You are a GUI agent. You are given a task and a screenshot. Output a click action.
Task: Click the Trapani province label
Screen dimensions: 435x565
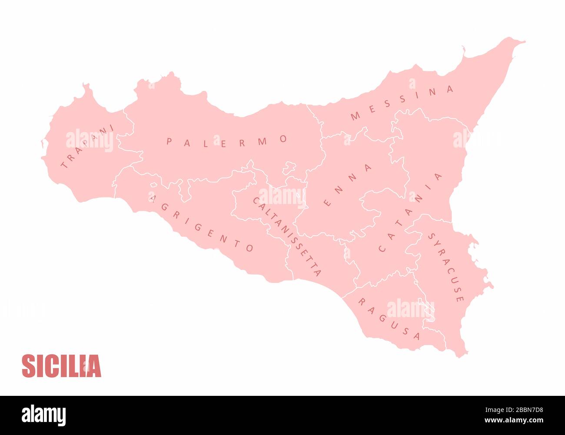(x=87, y=147)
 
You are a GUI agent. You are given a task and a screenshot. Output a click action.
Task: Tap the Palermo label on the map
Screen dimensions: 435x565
(x=226, y=142)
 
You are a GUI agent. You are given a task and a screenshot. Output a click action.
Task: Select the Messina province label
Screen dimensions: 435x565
(x=402, y=103)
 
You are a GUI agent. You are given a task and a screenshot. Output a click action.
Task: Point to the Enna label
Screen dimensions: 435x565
(x=348, y=185)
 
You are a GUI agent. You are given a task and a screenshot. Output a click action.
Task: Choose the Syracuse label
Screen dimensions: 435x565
(x=446, y=267)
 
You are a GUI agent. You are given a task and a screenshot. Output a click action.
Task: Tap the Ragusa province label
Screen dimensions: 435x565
(x=389, y=318)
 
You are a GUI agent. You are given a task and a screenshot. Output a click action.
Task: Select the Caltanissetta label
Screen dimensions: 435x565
(x=287, y=237)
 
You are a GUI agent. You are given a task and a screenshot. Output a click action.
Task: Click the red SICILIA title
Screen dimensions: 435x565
(x=61, y=366)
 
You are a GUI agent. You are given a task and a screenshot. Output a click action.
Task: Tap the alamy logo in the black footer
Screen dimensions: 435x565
(x=43, y=415)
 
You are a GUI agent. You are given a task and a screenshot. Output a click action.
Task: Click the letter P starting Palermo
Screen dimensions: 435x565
(x=169, y=141)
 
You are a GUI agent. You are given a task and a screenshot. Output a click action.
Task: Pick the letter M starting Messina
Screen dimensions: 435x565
(x=355, y=116)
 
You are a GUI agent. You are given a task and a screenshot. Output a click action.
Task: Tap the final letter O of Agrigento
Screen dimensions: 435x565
(x=249, y=248)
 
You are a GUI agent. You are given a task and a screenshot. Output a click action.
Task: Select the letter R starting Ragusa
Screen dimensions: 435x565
(x=360, y=301)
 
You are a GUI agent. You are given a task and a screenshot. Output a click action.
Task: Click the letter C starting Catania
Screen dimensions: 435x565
(x=382, y=249)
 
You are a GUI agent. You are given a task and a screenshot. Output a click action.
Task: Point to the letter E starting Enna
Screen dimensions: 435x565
(x=328, y=203)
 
